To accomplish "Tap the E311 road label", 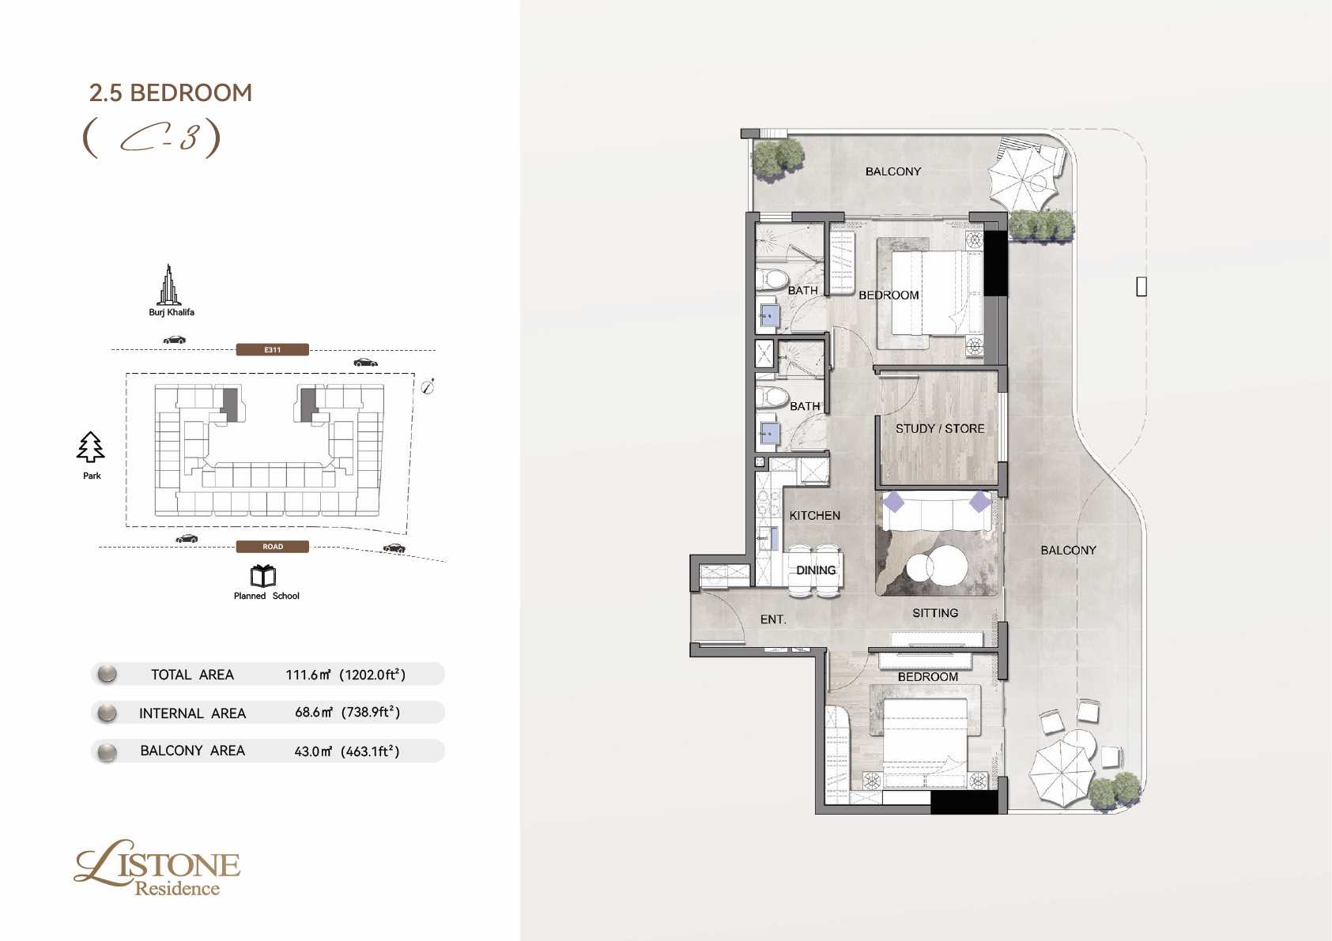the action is tap(273, 349).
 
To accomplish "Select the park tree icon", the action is tap(90, 447).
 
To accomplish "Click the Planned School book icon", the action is tap(262, 575).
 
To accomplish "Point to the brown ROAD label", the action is tap(273, 546).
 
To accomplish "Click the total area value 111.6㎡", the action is tap(308, 675).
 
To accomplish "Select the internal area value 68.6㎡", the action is tap(313, 712).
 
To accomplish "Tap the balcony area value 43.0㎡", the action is tap(313, 751).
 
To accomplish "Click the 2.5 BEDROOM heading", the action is tap(171, 92).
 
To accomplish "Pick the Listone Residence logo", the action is tap(157, 868).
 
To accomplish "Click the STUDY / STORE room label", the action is tap(940, 428).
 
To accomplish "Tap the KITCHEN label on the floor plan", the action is tap(815, 515).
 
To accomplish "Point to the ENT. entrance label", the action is tap(773, 619).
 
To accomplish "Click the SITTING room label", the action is tap(935, 613).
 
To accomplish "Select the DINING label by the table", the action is tap(816, 570).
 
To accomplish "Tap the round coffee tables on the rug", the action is tap(937, 566).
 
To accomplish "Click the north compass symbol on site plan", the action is tap(428, 387).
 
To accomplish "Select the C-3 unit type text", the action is tap(152, 138).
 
